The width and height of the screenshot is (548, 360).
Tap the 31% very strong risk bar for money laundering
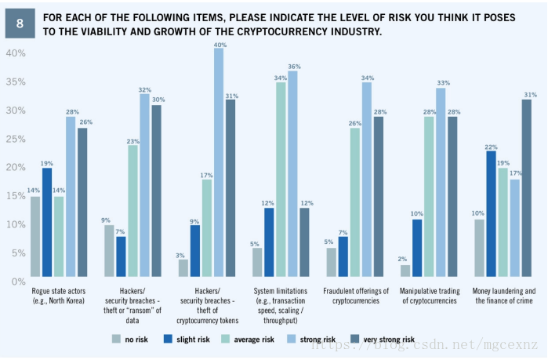click(527, 187)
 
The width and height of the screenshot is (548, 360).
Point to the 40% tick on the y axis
click(16, 53)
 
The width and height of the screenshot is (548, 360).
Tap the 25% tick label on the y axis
click(16, 139)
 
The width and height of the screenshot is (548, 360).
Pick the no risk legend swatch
click(116, 340)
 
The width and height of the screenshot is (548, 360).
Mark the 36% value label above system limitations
click(294, 66)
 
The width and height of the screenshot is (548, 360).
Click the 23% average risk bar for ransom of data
click(132, 211)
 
